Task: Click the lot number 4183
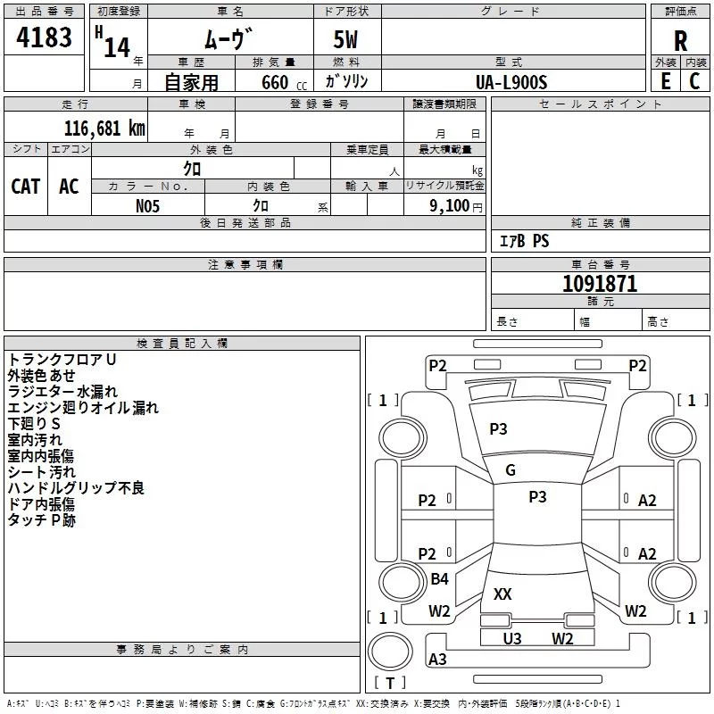tap(44, 37)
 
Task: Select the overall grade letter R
tap(680, 41)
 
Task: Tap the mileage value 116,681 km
tap(104, 129)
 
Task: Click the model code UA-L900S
tap(511, 82)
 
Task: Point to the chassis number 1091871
tap(600, 284)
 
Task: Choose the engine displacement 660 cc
tap(284, 82)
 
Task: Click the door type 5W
tap(345, 39)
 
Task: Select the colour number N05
tap(147, 206)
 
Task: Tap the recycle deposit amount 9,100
tap(449, 205)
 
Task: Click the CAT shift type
tap(26, 186)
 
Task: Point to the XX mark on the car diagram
tap(502, 594)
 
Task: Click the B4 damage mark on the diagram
tap(439, 578)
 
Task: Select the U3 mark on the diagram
tap(512, 638)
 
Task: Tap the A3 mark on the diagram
tap(437, 659)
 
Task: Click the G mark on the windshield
tap(511, 470)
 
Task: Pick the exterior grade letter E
tap(666, 81)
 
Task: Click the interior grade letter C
tap(694, 81)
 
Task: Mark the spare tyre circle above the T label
tap(390, 652)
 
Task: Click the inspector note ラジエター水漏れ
tap(62, 391)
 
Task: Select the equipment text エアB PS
tap(524, 241)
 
